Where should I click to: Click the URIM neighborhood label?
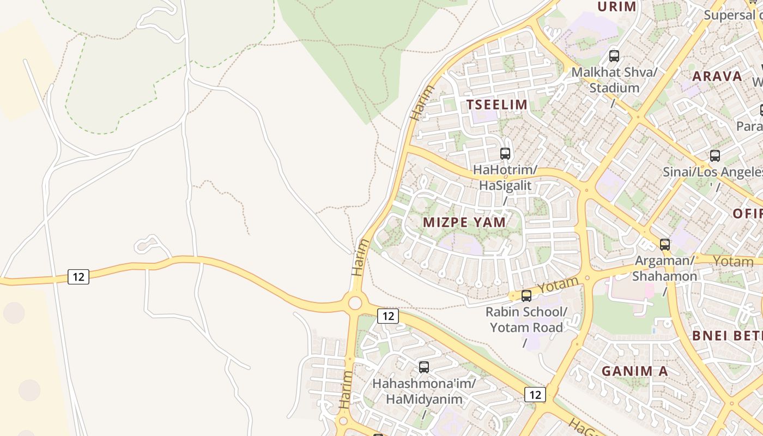[x=617, y=7]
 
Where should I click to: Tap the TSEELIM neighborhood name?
[x=496, y=105]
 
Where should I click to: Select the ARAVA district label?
[x=717, y=76]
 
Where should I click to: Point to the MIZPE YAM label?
[x=464, y=222]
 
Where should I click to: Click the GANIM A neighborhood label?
[x=634, y=371]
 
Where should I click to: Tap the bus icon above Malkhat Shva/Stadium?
[x=614, y=56]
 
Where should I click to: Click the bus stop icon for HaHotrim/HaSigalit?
[x=505, y=154]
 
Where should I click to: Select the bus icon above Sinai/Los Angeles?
[x=715, y=156]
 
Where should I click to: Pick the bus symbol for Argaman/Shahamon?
[x=665, y=244]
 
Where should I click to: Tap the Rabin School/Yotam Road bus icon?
[x=526, y=296]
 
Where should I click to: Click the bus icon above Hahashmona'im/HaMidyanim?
[x=424, y=367]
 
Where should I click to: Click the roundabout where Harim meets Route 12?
[x=355, y=302]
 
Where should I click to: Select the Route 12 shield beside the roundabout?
[x=387, y=316]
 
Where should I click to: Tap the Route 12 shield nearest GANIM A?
[x=535, y=395]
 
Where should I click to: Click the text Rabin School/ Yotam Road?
[x=526, y=320]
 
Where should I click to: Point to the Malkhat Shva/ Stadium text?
[x=614, y=80]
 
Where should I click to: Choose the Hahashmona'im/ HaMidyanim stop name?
[x=424, y=391]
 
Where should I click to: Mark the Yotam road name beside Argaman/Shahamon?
[x=733, y=262]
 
